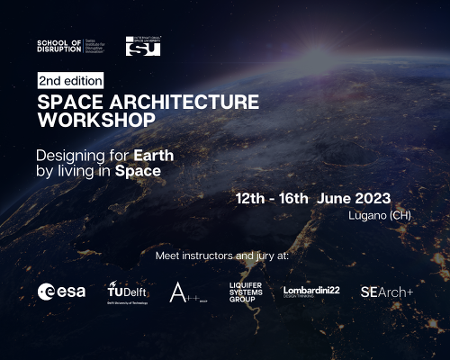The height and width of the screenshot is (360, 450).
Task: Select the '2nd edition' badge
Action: pyautogui.click(x=70, y=81)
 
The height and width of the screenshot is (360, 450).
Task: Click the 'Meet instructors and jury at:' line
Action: pyautogui.click(x=222, y=256)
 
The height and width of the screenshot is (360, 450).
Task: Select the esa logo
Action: pyautogui.click(x=61, y=291)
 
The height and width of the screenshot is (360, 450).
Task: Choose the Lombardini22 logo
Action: pyautogui.click(x=311, y=291)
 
